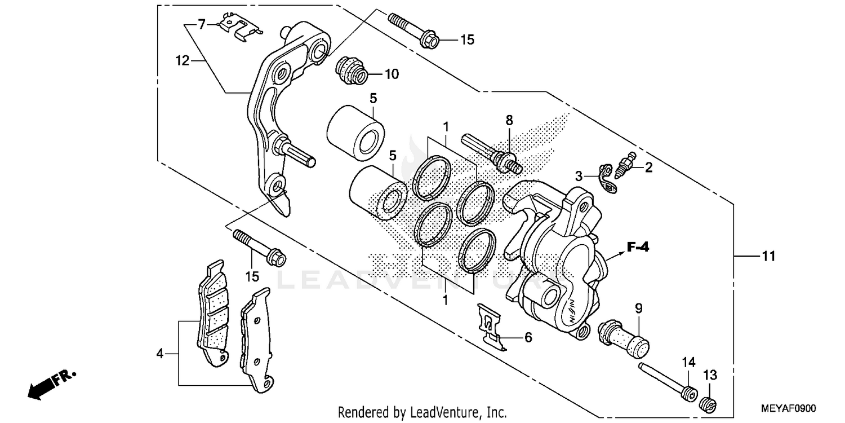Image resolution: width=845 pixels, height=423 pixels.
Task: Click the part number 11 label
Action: click(768, 257)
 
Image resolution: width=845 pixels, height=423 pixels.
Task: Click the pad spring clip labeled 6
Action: click(491, 327)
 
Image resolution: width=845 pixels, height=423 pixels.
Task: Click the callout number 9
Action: click(638, 308)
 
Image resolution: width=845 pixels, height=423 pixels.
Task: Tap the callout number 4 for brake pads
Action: click(161, 354)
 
